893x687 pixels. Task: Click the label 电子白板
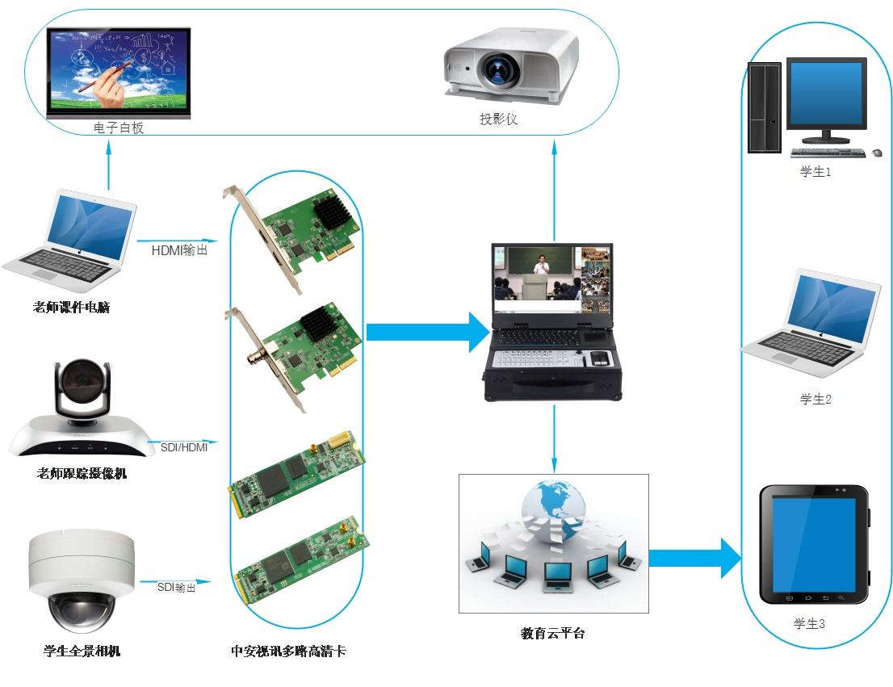119,128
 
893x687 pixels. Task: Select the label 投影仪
498,119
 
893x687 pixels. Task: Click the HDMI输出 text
179,250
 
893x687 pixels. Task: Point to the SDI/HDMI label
182,446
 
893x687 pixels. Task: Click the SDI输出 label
177,587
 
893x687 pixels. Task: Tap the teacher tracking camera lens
81,379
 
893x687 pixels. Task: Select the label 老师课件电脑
71,308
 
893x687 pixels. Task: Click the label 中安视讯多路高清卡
288,651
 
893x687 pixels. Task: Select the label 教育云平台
553,634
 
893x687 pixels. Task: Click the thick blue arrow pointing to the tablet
694,557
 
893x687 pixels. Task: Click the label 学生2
815,399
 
